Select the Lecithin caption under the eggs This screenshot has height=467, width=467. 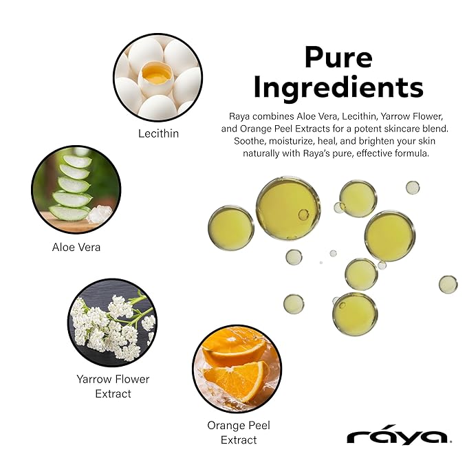point(158,133)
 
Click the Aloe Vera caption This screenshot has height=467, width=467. point(76,247)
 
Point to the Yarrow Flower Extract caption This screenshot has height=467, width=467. point(113,387)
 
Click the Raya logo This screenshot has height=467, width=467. point(398,436)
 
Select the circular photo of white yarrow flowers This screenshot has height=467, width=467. point(112,322)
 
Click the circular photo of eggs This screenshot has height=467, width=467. point(158,77)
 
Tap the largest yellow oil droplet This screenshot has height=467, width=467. point(288,208)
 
